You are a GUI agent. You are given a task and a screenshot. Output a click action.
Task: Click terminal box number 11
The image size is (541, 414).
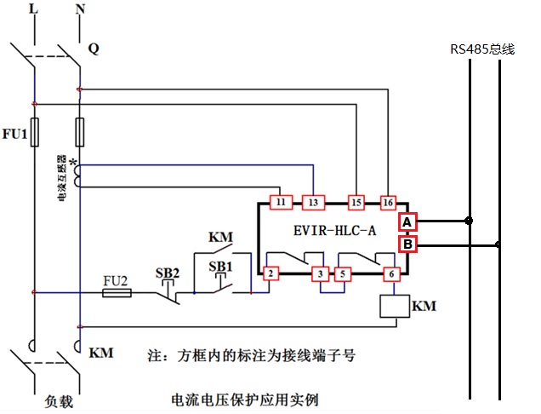point(280,202)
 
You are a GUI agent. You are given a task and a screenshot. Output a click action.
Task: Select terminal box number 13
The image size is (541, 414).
point(313,202)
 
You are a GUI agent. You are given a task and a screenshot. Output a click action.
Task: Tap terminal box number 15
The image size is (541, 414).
point(357,202)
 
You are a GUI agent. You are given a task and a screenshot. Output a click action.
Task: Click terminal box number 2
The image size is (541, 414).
point(270,273)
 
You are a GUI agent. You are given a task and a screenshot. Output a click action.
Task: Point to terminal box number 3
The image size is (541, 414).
point(320,273)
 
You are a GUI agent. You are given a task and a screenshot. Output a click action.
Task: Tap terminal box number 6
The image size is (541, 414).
point(392,273)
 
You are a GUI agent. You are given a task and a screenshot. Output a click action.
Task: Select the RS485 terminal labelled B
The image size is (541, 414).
point(407,245)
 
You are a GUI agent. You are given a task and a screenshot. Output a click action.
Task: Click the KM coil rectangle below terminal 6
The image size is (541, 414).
point(391,305)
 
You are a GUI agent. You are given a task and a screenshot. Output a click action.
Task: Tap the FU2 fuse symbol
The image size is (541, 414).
point(117,292)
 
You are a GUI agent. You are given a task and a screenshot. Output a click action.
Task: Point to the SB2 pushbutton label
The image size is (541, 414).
point(168,273)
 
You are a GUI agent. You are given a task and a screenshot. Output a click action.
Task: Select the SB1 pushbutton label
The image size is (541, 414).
point(221,267)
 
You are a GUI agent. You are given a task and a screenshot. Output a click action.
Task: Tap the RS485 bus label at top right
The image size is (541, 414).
point(482,49)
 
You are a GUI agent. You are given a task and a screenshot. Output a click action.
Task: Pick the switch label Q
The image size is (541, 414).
point(94,49)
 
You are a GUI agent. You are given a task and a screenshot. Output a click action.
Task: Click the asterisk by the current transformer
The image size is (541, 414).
point(74,162)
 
